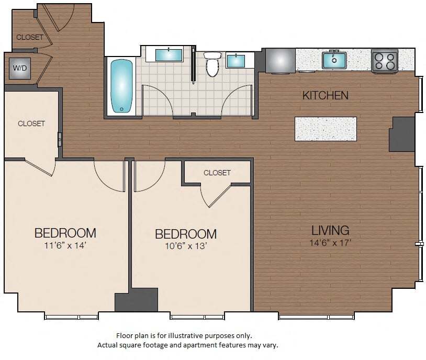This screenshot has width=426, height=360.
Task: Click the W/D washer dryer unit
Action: [x=19, y=69]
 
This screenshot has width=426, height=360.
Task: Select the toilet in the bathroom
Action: [x=212, y=65]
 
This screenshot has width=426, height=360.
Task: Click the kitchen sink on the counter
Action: [x=334, y=60]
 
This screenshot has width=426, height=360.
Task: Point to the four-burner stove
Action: [x=385, y=61]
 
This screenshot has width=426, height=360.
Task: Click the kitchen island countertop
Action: [x=326, y=129]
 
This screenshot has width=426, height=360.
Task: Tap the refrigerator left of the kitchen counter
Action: [x=280, y=60]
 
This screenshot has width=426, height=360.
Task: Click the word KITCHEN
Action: [x=325, y=95]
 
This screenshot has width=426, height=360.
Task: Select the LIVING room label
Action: [x=330, y=230]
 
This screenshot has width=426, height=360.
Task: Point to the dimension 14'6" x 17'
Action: [x=330, y=243]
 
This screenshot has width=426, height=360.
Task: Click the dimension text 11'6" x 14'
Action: [x=65, y=244]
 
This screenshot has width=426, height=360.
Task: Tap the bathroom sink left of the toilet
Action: [x=169, y=54]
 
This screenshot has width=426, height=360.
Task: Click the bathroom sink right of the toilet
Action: [x=236, y=61]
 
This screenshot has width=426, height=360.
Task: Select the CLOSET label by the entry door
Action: [x=30, y=38]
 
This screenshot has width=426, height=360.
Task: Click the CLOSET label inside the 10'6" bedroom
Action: [x=217, y=173]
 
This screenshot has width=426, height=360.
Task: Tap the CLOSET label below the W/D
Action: [x=31, y=124]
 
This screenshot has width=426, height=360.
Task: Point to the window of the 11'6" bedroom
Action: [x=71, y=316]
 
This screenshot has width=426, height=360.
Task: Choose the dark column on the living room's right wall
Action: [x=402, y=134]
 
